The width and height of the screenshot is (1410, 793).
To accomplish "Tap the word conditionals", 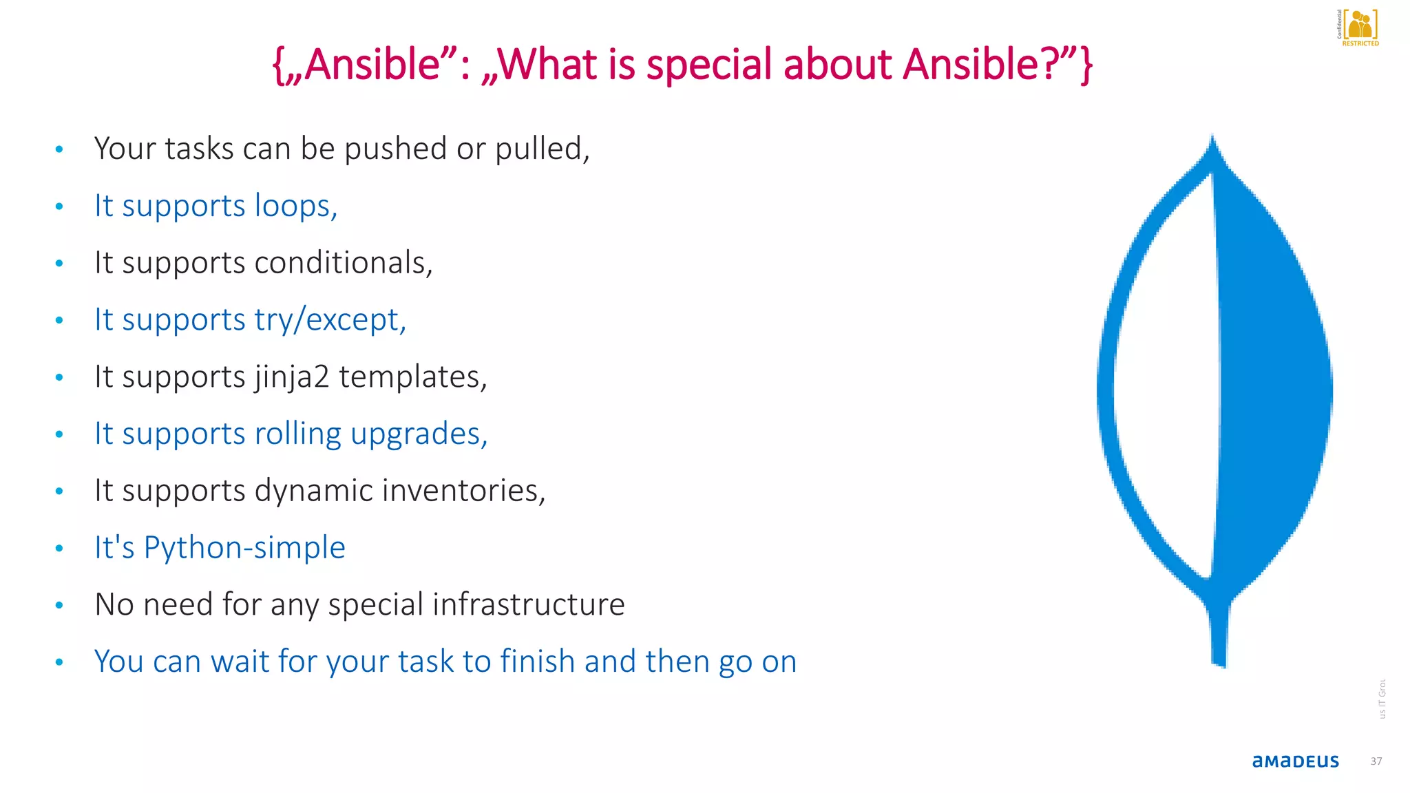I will click(343, 263).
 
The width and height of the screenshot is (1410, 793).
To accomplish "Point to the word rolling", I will click(297, 434).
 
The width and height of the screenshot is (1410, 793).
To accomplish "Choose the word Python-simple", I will click(244, 548).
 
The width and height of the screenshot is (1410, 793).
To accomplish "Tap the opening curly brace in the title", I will click(278, 66).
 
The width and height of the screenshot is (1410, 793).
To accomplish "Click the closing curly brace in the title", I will click(1086, 66).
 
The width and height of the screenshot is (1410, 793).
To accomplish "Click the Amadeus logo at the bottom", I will click(1295, 761).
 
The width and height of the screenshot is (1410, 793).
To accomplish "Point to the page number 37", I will click(1376, 761).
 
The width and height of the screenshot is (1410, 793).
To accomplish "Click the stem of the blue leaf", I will click(1219, 633).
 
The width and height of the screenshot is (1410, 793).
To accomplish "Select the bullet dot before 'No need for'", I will click(59, 605).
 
